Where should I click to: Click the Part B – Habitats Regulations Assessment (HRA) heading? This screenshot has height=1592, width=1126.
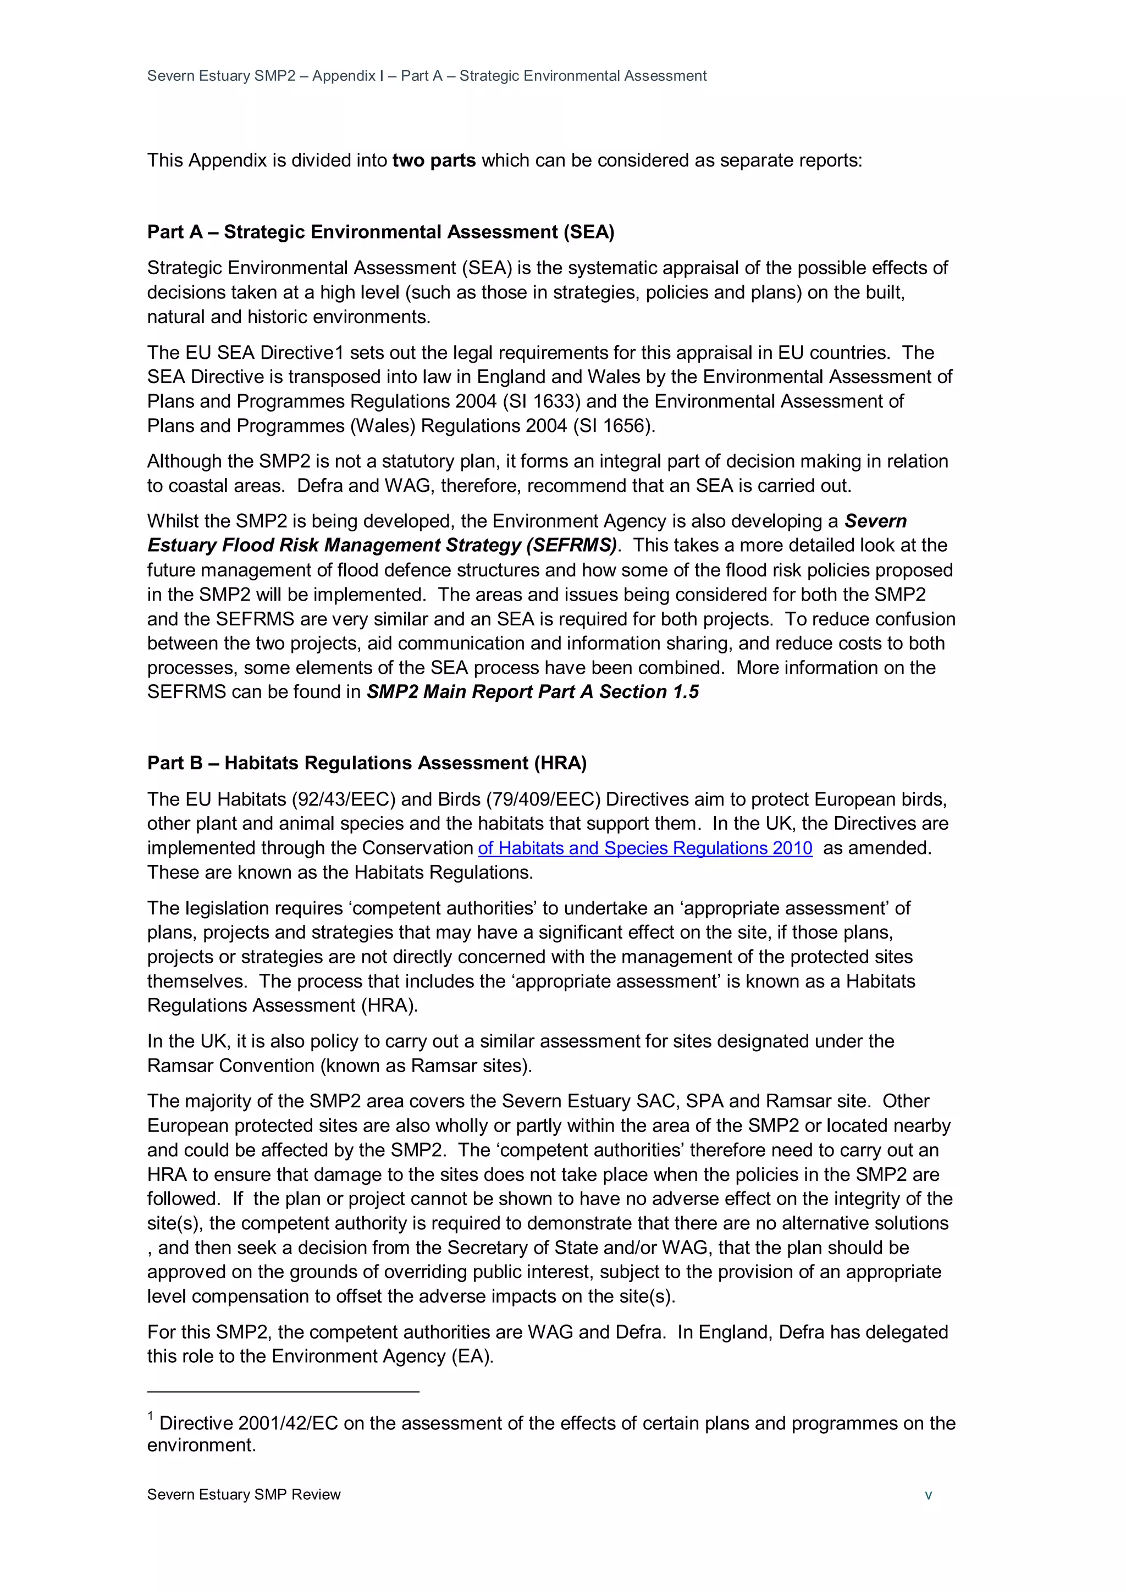pos(366,763)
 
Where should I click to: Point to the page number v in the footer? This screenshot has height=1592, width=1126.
pos(928,1495)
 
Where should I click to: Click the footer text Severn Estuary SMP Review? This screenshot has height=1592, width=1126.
pos(244,1495)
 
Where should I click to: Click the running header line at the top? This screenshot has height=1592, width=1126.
pos(426,76)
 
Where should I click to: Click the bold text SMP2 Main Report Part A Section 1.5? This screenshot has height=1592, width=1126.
pos(532,692)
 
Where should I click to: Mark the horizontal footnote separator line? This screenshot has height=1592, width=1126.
pos(283,1391)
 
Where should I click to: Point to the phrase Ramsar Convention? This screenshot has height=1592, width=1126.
pos(230,1066)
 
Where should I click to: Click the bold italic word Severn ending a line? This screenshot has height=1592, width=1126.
pos(875,522)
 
